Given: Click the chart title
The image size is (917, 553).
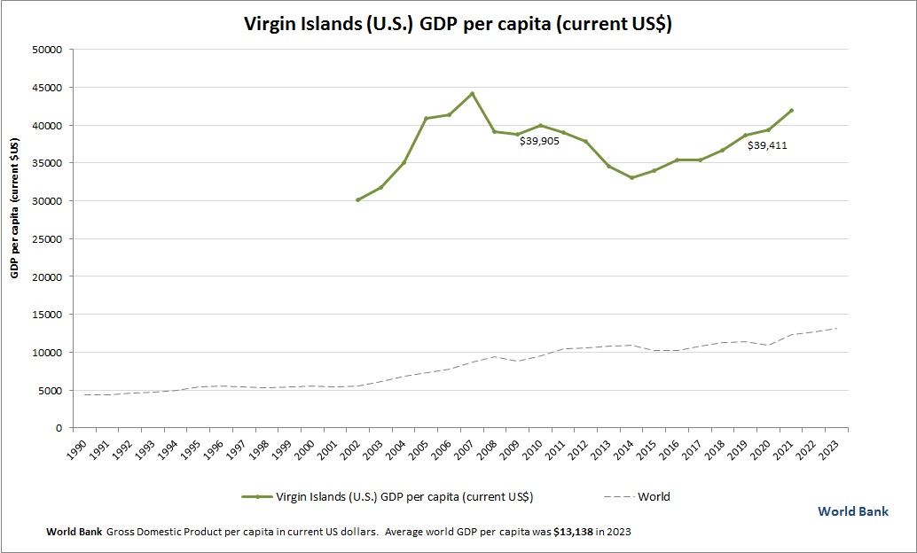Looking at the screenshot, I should point(458,25).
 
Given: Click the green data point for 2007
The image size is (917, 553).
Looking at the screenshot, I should point(472,93).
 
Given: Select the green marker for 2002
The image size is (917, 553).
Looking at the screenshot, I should point(357,200).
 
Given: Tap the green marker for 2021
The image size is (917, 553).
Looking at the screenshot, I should point(791,111).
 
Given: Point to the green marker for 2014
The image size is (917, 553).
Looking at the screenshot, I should point(631,178).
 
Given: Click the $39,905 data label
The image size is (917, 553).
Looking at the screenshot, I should point(539,141).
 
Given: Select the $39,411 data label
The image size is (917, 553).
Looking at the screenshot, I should point(767,145).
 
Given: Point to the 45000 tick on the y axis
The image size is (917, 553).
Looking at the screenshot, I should point(45,88).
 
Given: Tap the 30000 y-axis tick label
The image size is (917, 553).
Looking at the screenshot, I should point(45,201).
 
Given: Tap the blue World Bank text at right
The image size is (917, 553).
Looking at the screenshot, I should point(852,511).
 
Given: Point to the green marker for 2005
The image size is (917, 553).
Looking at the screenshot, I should point(426,118).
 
